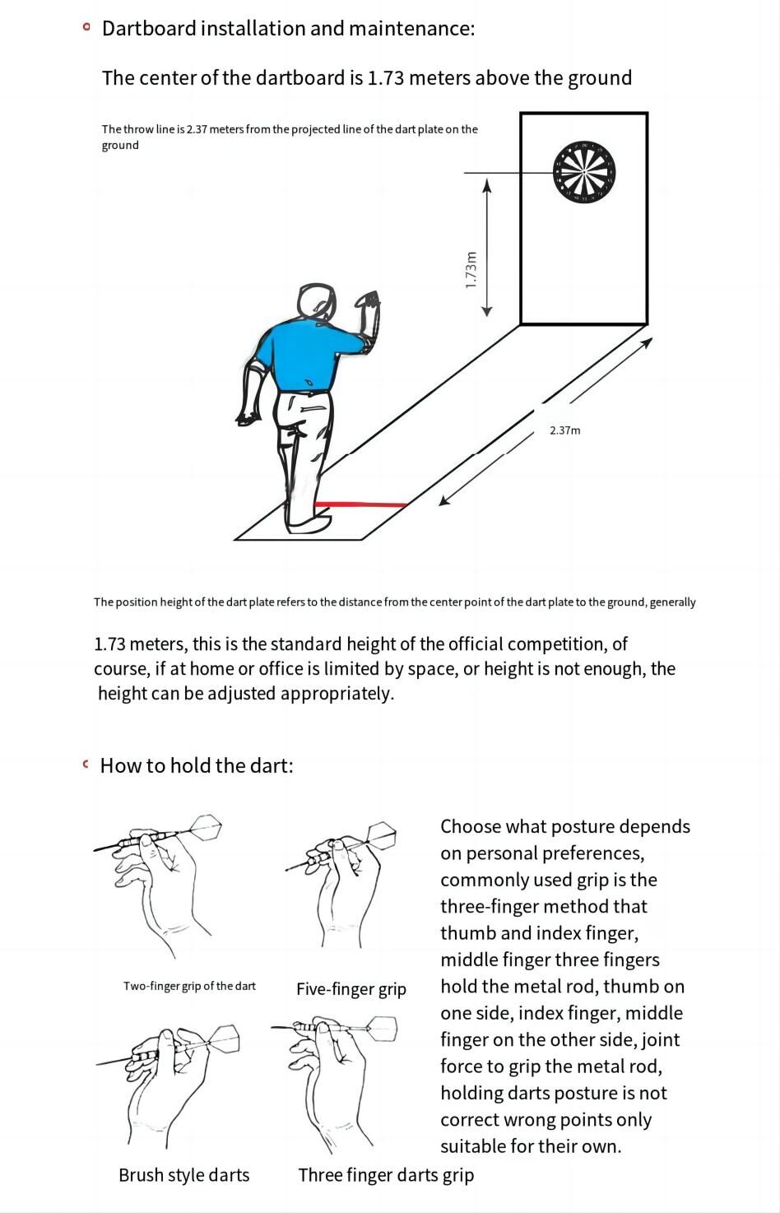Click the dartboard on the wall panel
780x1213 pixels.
point(584,171)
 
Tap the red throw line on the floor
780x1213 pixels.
point(362,504)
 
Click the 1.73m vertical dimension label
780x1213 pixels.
point(471,270)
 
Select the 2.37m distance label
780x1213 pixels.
point(565,430)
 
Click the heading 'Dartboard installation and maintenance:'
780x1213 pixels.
point(288,29)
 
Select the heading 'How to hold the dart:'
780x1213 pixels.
point(196,765)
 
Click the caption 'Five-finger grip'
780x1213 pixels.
point(351,988)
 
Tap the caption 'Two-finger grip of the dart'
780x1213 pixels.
point(189,986)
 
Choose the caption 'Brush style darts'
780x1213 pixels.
point(183,1175)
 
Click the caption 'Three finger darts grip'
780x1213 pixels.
point(386,1175)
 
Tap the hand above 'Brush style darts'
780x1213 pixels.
point(165,1078)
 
